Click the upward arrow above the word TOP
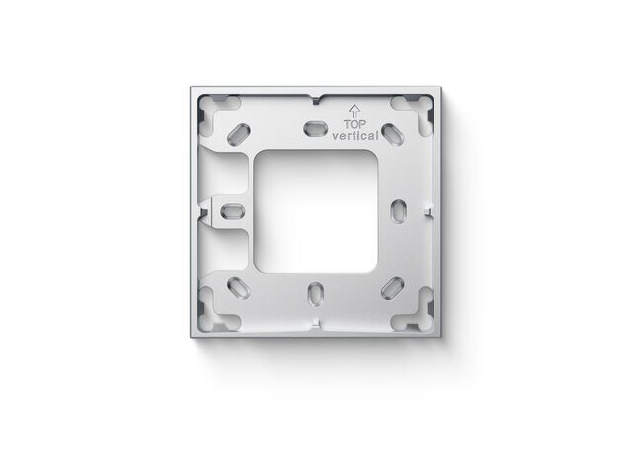[355, 111]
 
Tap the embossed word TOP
[355, 125]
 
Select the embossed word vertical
[355, 136]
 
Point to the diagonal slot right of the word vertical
[393, 134]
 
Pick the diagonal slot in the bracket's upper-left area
[239, 134]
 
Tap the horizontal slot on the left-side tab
[233, 211]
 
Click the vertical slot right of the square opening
[399, 210]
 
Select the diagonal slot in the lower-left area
[239, 288]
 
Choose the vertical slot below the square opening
[316, 294]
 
